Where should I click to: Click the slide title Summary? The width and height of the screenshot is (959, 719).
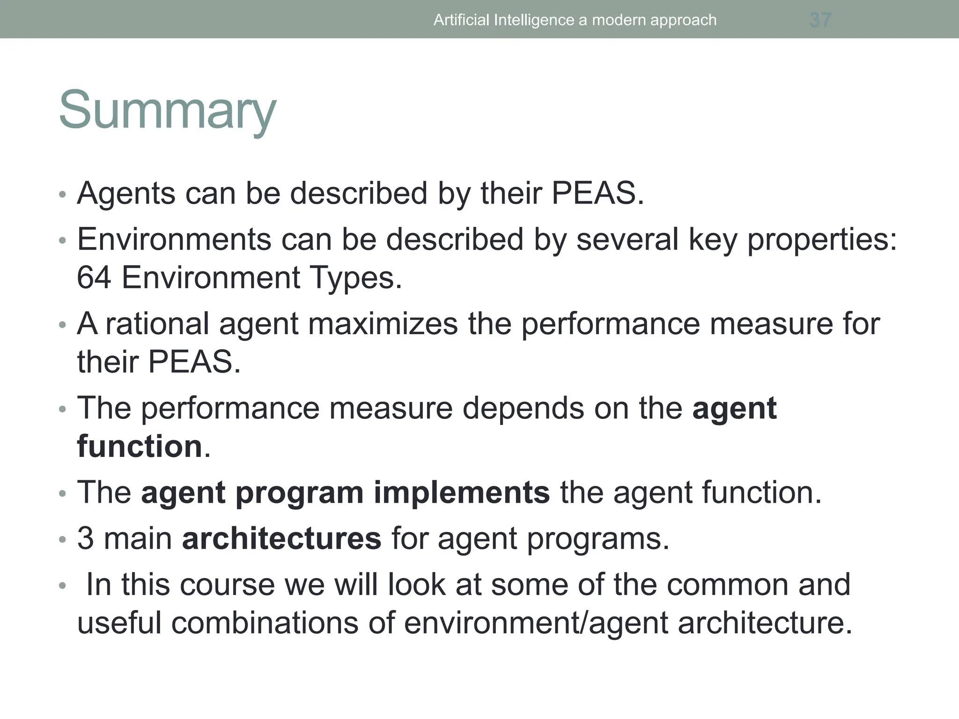(167, 110)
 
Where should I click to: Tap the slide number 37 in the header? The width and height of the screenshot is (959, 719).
(820, 20)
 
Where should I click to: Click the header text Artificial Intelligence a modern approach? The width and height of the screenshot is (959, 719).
(575, 20)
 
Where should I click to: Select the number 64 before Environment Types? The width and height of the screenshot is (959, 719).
(94, 278)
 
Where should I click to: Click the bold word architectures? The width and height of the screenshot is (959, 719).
(281, 538)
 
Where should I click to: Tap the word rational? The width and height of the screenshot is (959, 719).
(157, 324)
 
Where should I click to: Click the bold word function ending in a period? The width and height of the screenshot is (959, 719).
(140, 446)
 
